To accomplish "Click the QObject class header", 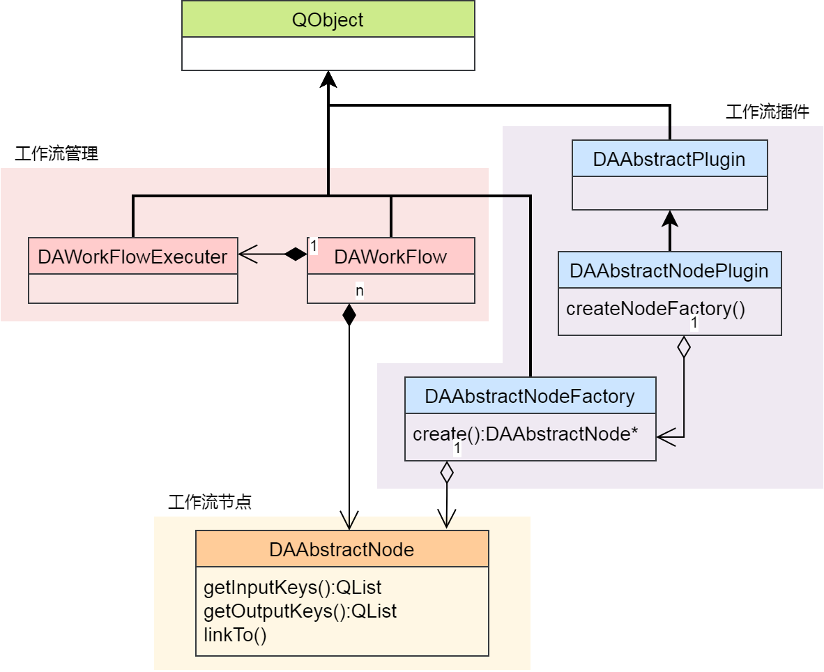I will (328, 20).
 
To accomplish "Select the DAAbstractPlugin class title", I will (669, 159).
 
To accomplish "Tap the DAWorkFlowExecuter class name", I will (132, 257).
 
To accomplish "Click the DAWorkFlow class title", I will (390, 257).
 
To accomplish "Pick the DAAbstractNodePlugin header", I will (669, 270).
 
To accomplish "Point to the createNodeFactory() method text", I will (655, 308).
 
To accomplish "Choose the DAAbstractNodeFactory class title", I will (530, 396).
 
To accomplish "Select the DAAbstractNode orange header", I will (342, 549).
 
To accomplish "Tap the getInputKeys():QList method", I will (292, 588).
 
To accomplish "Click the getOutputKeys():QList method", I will (300, 611).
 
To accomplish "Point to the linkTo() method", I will (235, 635).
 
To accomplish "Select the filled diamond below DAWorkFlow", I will (349, 314).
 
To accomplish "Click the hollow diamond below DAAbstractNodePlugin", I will (684, 346).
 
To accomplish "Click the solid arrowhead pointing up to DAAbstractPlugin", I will (670, 219).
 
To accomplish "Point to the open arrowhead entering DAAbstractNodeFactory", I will (666, 437).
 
